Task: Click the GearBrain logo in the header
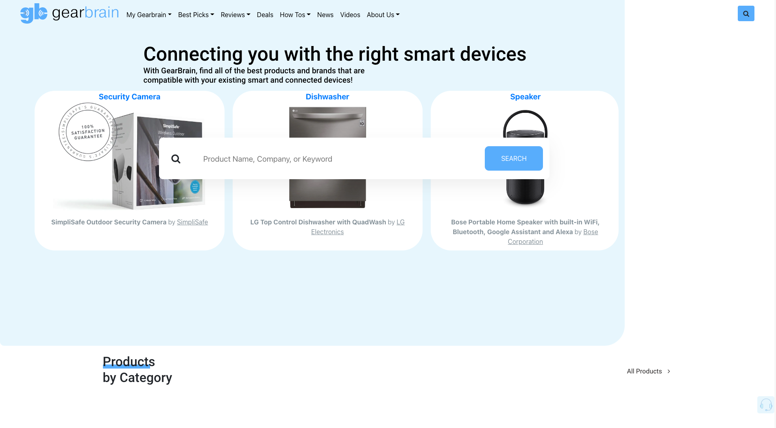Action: [x=70, y=13]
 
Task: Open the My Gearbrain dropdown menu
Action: [x=148, y=15]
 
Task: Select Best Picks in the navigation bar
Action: [x=196, y=15]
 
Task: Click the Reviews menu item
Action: [x=235, y=15]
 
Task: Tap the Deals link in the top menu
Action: [x=265, y=15]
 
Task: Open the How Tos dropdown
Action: [x=295, y=15]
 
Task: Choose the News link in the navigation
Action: [x=325, y=15]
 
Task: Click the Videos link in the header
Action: [x=350, y=15]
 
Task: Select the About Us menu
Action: [x=383, y=15]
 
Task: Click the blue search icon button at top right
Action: [x=745, y=13]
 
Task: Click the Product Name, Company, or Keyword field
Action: [x=338, y=159]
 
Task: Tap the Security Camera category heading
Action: [x=129, y=97]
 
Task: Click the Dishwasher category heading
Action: [x=327, y=97]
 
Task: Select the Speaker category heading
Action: [x=525, y=97]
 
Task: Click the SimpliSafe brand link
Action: [x=192, y=222]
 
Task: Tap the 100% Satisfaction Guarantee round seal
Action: [x=87, y=132]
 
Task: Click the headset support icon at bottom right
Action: [x=765, y=405]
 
